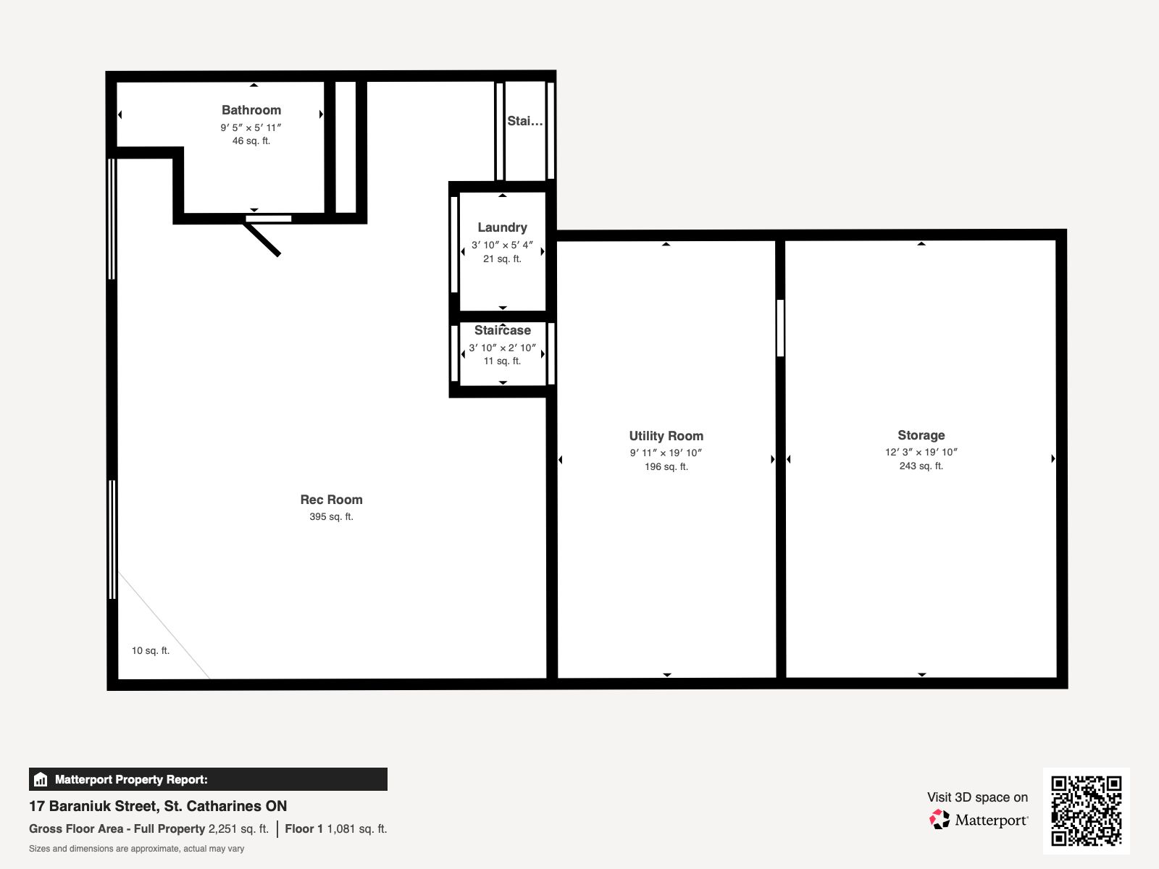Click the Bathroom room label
(x=251, y=110)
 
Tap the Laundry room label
(x=502, y=227)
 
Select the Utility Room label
(x=666, y=436)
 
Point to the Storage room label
(x=921, y=435)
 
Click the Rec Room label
(x=331, y=500)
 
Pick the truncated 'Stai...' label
(x=524, y=121)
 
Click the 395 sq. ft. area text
(x=331, y=516)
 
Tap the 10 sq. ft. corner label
(x=151, y=650)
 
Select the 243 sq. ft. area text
(x=921, y=466)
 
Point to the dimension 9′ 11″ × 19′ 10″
(x=666, y=453)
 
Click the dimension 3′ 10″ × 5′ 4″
(x=502, y=245)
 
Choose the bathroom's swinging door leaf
(x=261, y=240)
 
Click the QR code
(x=1086, y=811)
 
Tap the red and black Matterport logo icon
(x=940, y=820)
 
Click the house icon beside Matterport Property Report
(x=41, y=779)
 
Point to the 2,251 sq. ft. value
(x=238, y=829)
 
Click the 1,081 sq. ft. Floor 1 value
(x=357, y=829)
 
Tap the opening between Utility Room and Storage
(x=780, y=327)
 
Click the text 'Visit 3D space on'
(x=977, y=797)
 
